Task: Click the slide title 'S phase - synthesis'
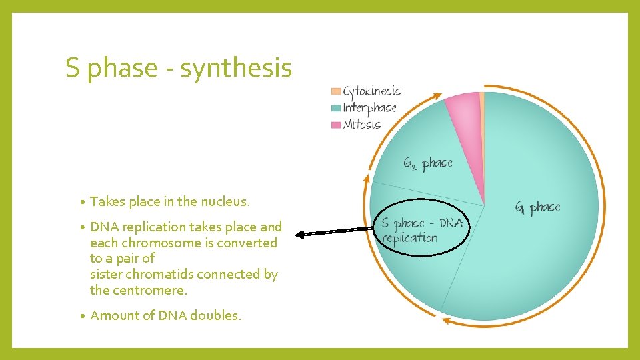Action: [x=179, y=68]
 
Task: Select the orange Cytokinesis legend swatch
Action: [x=336, y=91]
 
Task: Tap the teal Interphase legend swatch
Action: [x=336, y=108]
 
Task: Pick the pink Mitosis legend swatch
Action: [x=336, y=125]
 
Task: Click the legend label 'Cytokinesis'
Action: [x=372, y=91]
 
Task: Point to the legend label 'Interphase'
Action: [x=370, y=108]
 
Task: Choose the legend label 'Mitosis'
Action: [x=362, y=125]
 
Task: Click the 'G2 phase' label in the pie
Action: [x=427, y=163]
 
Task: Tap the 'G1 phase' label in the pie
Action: [x=537, y=207]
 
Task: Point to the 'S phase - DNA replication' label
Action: [x=421, y=230]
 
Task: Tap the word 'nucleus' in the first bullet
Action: [x=227, y=201]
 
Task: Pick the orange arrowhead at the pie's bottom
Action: [x=446, y=323]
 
